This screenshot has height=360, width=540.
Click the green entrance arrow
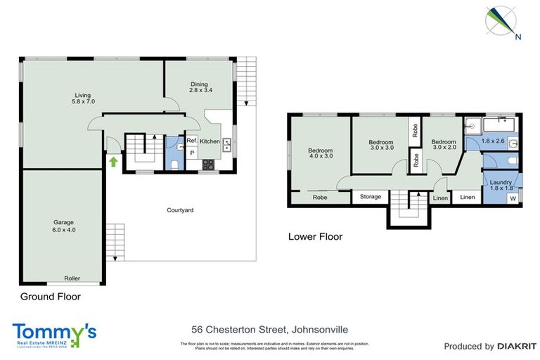coord(112,162)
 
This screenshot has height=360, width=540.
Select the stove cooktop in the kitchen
coord(209,165)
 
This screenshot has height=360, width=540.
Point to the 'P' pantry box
coord(191,153)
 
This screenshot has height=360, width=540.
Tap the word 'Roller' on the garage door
coord(72,278)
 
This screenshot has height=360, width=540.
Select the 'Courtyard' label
coord(180,210)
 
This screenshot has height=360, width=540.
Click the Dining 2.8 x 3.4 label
coord(200,86)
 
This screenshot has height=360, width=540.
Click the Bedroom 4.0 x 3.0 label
coord(320,153)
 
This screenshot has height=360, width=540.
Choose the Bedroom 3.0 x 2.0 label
coord(444,145)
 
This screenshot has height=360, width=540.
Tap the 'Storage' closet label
coord(370,197)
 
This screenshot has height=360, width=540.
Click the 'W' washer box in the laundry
coord(512,198)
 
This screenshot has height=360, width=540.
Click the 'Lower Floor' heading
coord(315,237)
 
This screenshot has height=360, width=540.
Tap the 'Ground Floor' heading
coord(50,297)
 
